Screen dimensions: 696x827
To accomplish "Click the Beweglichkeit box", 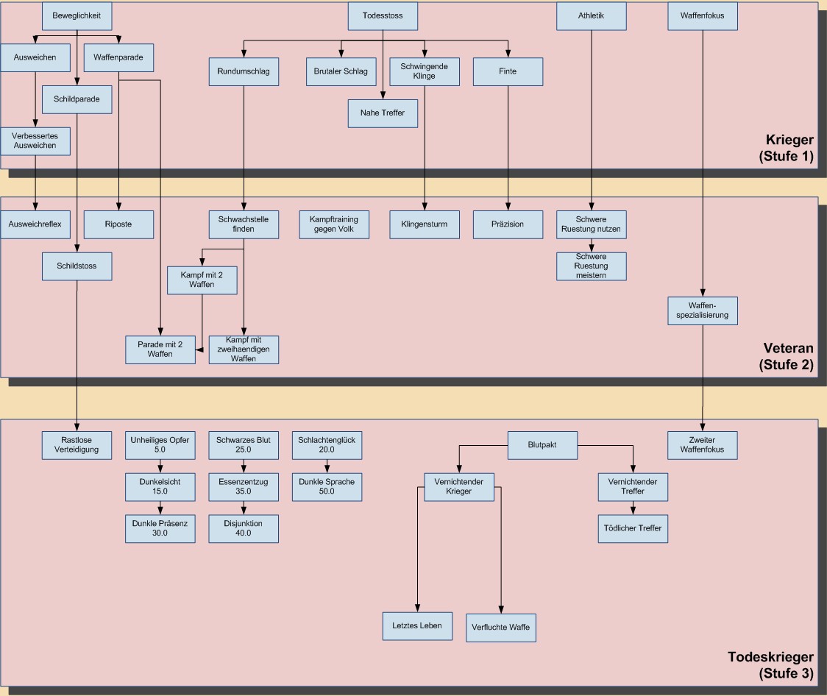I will click(77, 15).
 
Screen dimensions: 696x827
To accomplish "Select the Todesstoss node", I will click(383, 15).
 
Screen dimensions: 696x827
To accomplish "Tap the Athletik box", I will click(591, 15).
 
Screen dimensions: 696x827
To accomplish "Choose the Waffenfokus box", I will click(703, 15).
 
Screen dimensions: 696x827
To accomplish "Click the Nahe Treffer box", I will click(383, 113).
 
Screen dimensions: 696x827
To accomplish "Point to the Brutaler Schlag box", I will click(341, 71).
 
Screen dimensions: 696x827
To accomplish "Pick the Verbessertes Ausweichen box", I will click(35, 141).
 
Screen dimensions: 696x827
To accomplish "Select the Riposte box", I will click(118, 224).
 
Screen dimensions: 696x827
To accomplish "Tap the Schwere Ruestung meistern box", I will click(592, 266).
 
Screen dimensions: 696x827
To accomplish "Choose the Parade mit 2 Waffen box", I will click(160, 349).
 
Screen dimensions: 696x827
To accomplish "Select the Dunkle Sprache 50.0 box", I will click(327, 486).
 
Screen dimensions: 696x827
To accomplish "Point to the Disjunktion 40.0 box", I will click(244, 528).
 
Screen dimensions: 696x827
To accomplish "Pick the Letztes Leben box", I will click(417, 625).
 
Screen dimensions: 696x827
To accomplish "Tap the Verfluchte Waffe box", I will click(501, 628).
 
